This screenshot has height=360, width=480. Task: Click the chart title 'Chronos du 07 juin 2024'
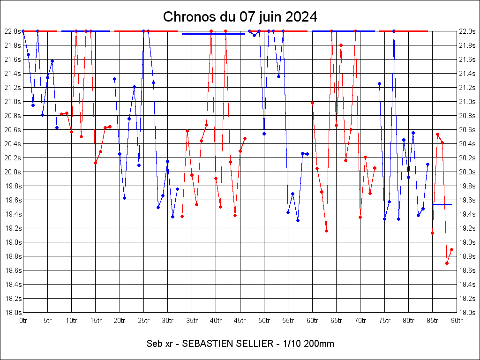pyautogui.click(x=240, y=17)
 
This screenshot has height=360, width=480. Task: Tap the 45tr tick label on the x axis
pyautogui.click(x=240, y=321)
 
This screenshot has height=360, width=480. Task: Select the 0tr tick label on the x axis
pyautogui.click(x=23, y=321)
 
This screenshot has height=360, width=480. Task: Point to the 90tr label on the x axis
pyautogui.click(x=457, y=321)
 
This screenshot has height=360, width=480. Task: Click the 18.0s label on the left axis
pyautogui.click(x=12, y=313)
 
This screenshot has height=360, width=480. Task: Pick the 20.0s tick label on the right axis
pyautogui.click(x=467, y=172)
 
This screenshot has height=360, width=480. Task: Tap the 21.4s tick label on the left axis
pyautogui.click(x=12, y=74)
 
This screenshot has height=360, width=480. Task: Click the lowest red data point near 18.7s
pyautogui.click(x=447, y=263)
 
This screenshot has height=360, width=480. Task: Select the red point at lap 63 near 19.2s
pyautogui.click(x=326, y=231)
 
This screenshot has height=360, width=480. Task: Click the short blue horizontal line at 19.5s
pyautogui.click(x=442, y=204)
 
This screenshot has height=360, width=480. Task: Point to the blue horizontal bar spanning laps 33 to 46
pyautogui.click(x=213, y=34)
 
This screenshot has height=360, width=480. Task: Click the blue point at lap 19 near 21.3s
pyautogui.click(x=114, y=79)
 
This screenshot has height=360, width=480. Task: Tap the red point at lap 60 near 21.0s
pyautogui.click(x=312, y=103)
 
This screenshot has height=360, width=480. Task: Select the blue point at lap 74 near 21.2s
pyautogui.click(x=379, y=83)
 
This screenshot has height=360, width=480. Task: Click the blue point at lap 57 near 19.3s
pyautogui.click(x=298, y=220)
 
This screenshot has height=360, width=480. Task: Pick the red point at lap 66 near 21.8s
pyautogui.click(x=341, y=45)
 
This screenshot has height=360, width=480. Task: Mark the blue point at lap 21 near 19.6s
pyautogui.click(x=124, y=198)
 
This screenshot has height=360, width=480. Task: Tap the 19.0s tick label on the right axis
pyautogui.click(x=467, y=242)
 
